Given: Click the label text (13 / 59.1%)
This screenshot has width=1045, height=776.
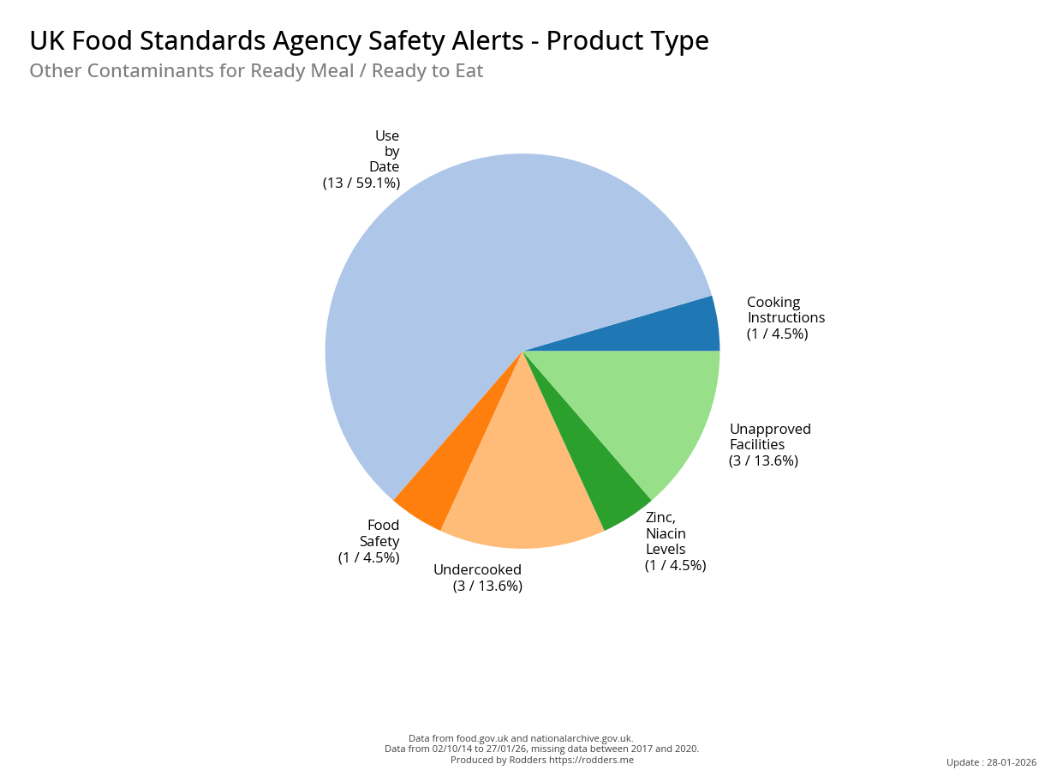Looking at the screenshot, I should coord(361,183).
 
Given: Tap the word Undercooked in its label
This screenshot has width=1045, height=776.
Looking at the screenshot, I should coord(477,570).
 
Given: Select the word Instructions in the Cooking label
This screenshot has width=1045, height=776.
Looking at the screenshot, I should coord(785,318).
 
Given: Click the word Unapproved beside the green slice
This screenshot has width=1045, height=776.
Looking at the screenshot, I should coord(770,429).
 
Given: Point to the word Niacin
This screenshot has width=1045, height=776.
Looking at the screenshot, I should coord(666,533).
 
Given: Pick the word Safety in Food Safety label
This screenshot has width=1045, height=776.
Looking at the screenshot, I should coord(379,541).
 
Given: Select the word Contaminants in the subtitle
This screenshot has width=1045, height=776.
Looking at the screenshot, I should coord(149,71).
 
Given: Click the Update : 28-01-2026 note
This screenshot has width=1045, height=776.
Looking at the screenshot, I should coord(991,762).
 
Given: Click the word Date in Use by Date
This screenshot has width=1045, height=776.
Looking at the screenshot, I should coord(384,166).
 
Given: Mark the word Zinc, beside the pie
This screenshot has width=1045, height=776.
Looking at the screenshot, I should coord(660,518).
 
